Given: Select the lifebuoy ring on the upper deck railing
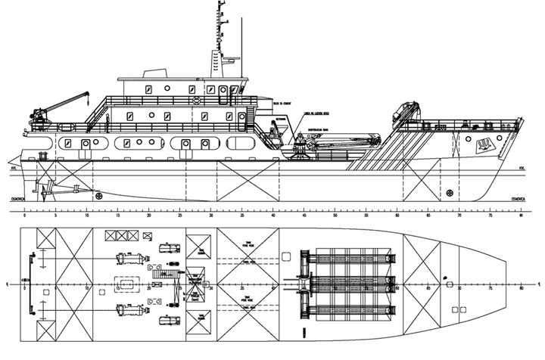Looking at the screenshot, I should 195,100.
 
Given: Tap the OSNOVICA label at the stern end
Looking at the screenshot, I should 17,198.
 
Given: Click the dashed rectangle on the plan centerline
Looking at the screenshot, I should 126,283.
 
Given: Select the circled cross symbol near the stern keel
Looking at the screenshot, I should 99,195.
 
